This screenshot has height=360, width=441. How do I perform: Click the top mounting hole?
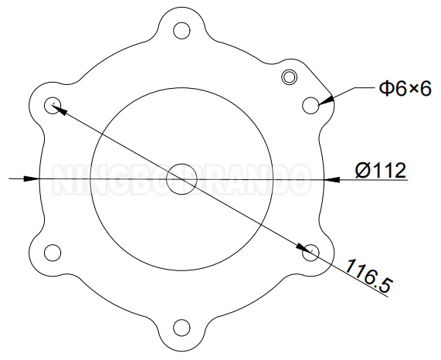pos(181,31)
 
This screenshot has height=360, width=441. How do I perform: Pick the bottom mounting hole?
pos(181,327)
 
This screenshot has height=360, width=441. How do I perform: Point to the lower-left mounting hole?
pos(53,252)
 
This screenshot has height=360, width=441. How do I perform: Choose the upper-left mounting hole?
pos(53,105)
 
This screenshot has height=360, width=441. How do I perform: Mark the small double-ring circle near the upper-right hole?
pos(289,76)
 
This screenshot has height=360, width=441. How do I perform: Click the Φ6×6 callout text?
pos(403,90)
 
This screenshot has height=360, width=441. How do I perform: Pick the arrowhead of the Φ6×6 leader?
pos(327,99)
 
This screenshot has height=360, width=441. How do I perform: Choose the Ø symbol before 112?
pos(363,170)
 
